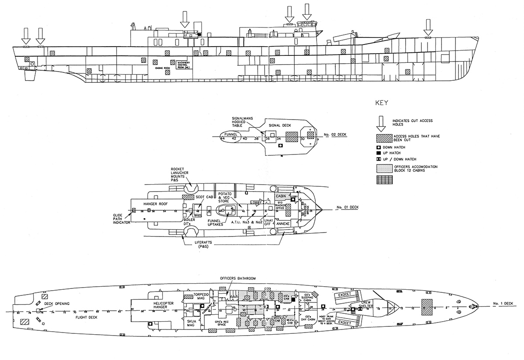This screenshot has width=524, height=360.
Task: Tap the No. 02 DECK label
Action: (336, 135)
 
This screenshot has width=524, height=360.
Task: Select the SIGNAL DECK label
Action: (279, 125)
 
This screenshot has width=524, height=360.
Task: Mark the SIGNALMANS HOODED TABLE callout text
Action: (241, 121)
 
